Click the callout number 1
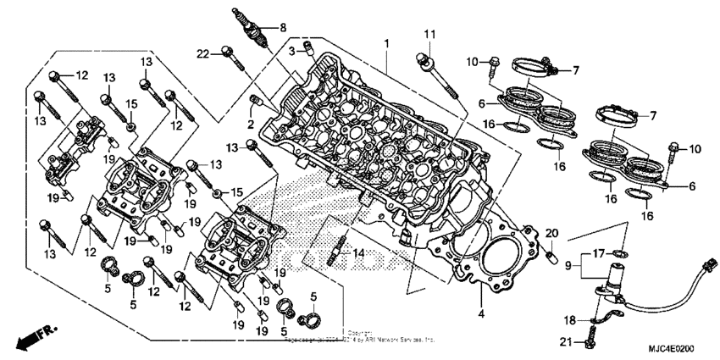[385, 42]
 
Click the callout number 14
[358, 252]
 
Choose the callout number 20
[551, 233]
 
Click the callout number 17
[598, 252]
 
